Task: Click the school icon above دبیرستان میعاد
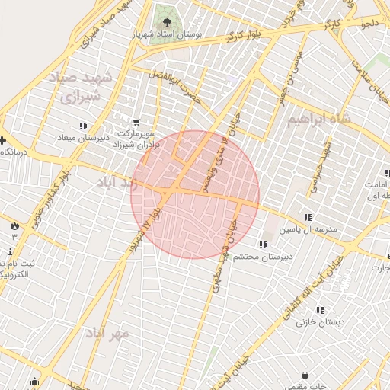click(x=83, y=126)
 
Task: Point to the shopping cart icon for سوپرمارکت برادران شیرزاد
click(x=136, y=122)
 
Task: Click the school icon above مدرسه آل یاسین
click(x=308, y=216)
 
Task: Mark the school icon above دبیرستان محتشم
click(x=263, y=245)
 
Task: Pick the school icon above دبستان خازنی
click(x=320, y=310)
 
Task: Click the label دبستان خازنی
click(x=321, y=322)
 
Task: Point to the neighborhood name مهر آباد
click(x=108, y=334)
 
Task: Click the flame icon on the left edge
click(x=14, y=225)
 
